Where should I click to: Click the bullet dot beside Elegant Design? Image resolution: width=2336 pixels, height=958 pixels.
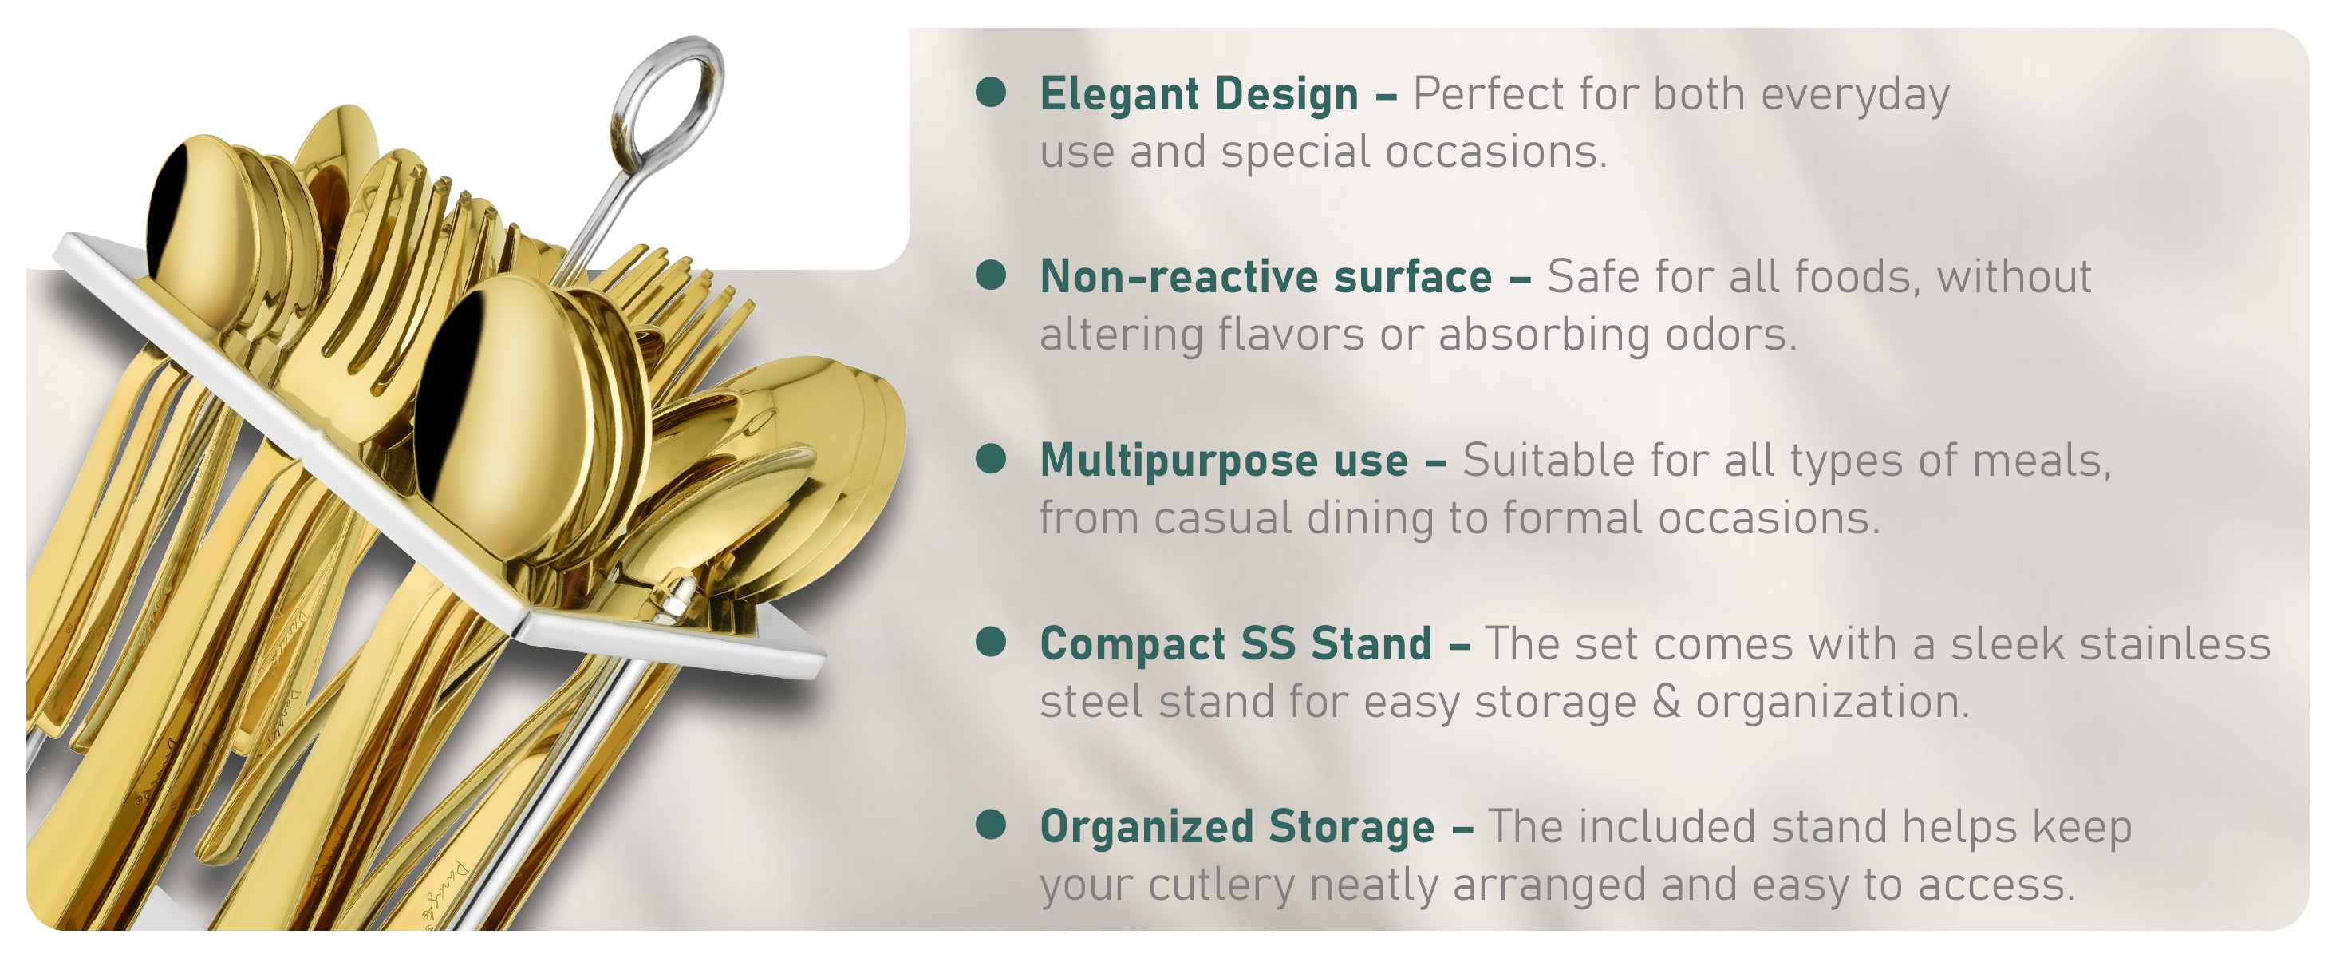pos(990,93)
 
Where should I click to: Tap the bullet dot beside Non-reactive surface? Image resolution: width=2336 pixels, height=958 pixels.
pos(990,275)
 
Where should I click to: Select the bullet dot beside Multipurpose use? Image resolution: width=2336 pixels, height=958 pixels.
pos(990,459)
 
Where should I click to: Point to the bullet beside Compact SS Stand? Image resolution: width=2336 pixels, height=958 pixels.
pos(990,643)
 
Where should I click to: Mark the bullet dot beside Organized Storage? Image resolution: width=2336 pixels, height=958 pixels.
pos(990,825)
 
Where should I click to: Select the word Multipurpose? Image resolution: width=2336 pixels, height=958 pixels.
pos(1180,461)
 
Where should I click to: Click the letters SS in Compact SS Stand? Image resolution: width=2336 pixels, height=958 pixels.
pos(1268,644)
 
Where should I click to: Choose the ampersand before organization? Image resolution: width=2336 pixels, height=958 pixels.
pos(1666,701)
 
